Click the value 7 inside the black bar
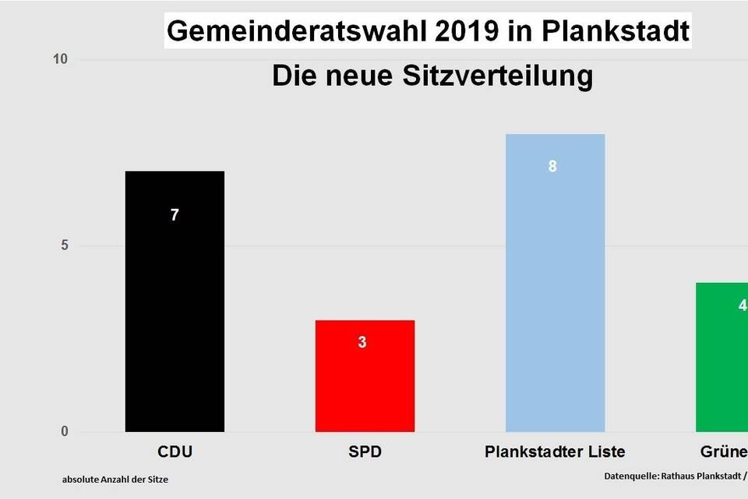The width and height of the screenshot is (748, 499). (175, 215)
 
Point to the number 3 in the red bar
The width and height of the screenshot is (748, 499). (362, 342)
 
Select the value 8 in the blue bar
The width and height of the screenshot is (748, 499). (552, 166)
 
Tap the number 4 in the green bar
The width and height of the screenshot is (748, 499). (743, 305)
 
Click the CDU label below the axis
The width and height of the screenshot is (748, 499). (175, 452)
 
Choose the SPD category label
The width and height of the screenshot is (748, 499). (364, 452)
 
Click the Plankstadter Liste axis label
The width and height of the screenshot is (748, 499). (555, 452)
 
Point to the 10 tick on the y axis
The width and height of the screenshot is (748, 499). (61, 60)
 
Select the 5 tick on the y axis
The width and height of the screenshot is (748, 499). (65, 246)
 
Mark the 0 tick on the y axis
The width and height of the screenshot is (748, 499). (65, 432)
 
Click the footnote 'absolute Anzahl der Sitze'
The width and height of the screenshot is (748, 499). (115, 480)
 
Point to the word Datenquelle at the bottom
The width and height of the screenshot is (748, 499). (630, 475)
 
